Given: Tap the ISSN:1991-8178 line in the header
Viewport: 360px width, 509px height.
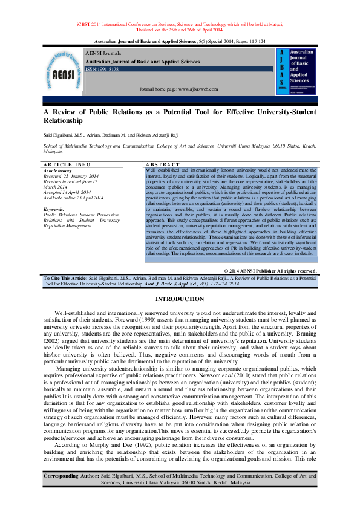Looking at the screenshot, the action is click(102, 70).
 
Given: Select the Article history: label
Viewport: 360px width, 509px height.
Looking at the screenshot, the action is click(59, 170).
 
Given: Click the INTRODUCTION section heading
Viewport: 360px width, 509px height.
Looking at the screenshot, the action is click(180, 300).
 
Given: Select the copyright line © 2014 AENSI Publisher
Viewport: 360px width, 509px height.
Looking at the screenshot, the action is click(269, 271).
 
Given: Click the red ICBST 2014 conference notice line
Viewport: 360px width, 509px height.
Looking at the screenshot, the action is click(180, 24).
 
